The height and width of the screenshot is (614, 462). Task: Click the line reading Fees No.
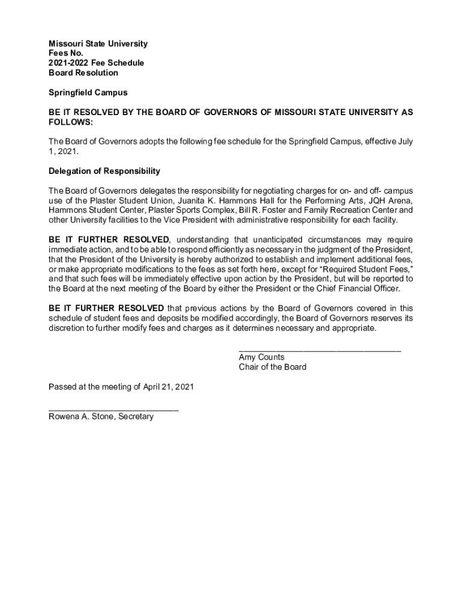tap(65, 53)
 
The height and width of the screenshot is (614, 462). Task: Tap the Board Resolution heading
tap(83, 73)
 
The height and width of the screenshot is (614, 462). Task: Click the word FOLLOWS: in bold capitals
tap(71, 122)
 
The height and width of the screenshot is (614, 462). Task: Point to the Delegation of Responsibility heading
tap(104, 171)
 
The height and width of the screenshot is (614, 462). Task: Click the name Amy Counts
tap(262, 357)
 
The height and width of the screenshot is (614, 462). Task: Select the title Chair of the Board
tap(272, 367)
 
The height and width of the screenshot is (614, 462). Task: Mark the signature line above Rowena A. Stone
tap(113, 410)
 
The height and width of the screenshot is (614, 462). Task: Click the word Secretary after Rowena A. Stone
tap(136, 416)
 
